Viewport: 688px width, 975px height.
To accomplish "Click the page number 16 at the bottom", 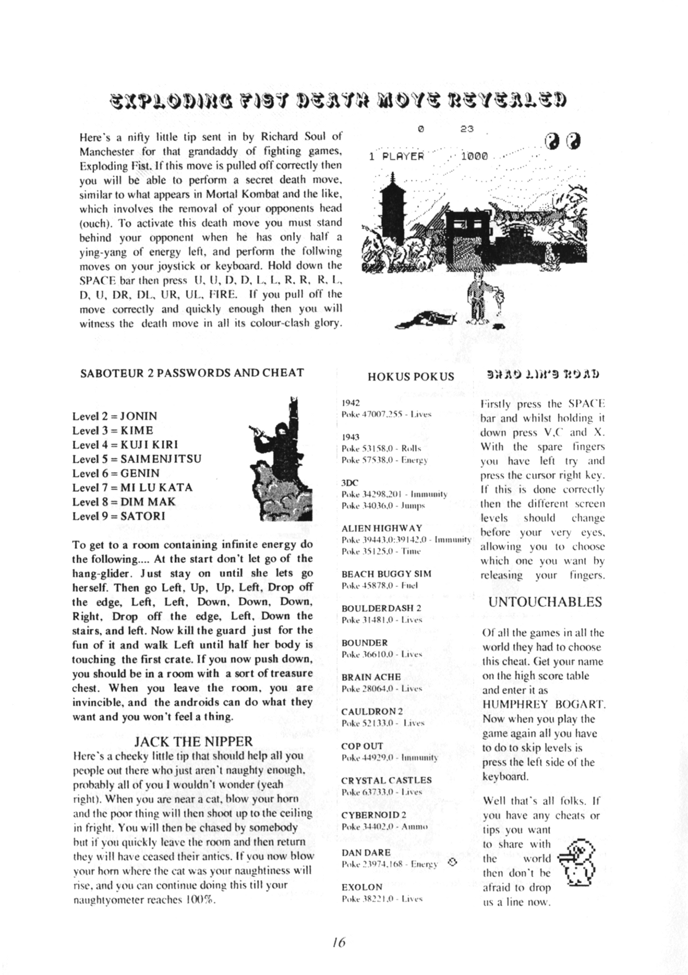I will coord(339,942).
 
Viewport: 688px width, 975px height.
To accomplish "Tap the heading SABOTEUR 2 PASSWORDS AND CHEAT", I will coord(192,373).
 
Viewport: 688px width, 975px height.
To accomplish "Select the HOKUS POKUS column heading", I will coord(411,377).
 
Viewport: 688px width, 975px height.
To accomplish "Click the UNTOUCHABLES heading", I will coord(545,602).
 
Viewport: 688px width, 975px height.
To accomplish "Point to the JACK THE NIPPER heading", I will coord(193,742).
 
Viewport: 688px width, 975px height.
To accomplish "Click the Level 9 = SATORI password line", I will coord(119,516).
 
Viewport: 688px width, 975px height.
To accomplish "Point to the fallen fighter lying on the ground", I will coord(427,319).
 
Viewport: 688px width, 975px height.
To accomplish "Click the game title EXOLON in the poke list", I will coord(362,887).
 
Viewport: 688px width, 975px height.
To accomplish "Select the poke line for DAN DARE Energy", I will coord(389,864).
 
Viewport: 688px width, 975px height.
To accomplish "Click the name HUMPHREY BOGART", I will coord(544,704).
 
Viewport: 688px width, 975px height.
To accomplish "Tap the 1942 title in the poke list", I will coord(350,403).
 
